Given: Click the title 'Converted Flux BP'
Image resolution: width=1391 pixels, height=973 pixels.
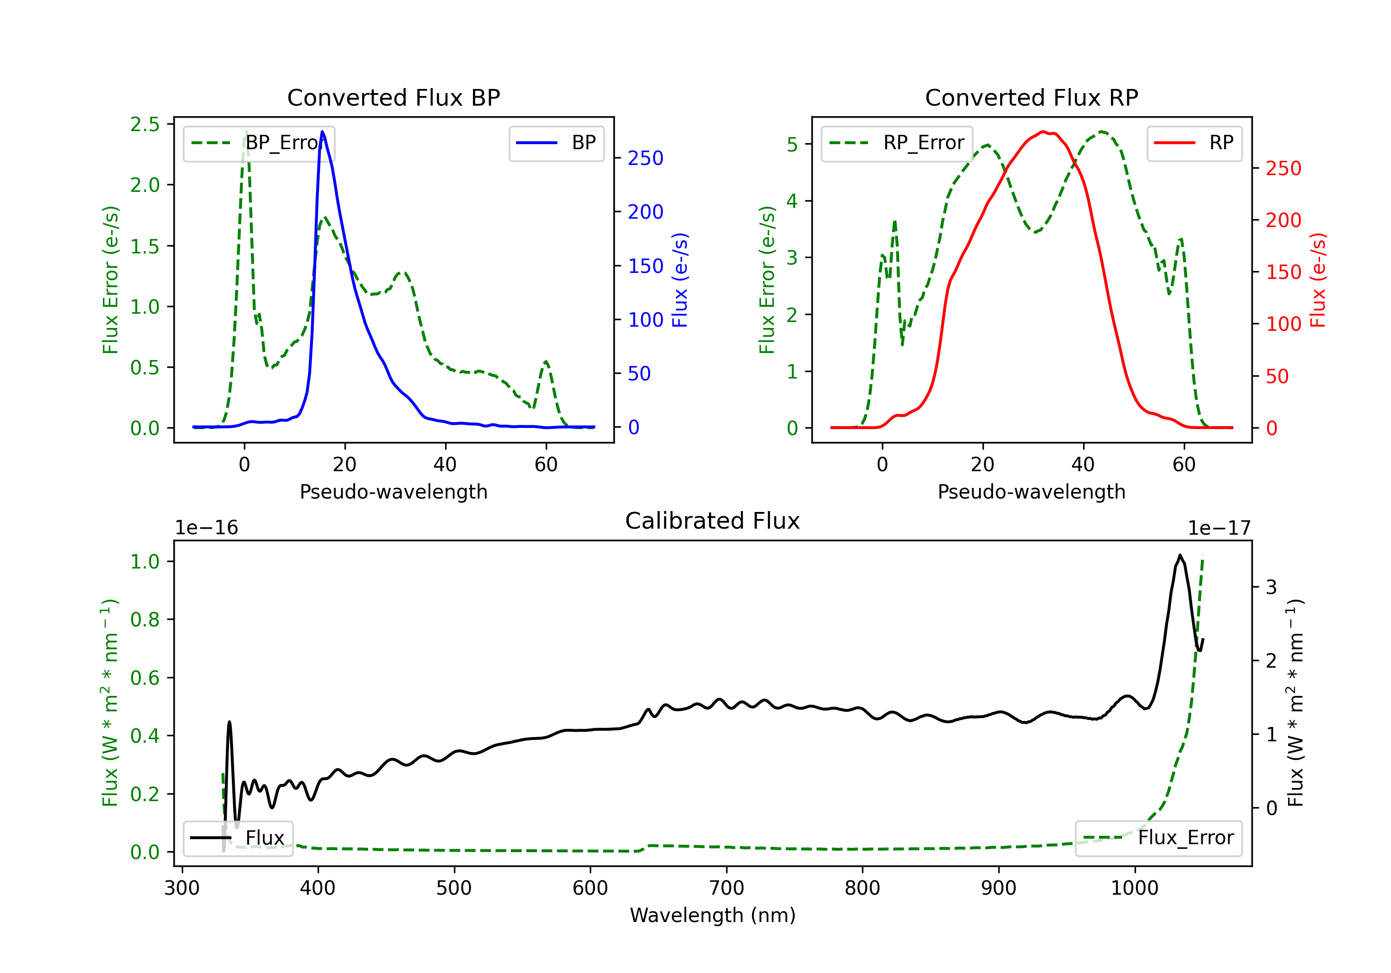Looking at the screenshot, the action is [393, 97].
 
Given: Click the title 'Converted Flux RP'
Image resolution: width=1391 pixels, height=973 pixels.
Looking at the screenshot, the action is [1031, 97].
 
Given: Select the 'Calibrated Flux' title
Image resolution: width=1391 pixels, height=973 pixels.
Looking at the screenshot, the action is [713, 521].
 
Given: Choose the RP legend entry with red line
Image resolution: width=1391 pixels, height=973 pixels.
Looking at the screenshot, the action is [1194, 143].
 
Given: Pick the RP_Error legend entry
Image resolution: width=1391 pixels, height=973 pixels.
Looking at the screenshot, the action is [897, 143].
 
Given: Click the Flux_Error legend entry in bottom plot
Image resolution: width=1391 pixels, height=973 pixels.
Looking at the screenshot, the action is [1158, 838].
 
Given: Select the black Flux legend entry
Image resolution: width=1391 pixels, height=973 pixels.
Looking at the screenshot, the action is [237, 838].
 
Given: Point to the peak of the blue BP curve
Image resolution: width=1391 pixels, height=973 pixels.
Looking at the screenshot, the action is [322, 132].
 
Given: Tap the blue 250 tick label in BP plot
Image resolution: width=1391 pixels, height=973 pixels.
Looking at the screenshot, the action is [645, 158].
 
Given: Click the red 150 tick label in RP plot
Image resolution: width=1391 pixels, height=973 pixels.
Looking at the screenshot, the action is [1283, 272].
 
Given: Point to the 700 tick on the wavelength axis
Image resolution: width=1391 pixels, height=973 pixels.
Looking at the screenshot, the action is [727, 888].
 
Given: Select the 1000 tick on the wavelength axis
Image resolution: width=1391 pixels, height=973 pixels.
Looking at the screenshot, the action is [1135, 888].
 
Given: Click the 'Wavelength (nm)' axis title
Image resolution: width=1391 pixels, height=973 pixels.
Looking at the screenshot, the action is [713, 916].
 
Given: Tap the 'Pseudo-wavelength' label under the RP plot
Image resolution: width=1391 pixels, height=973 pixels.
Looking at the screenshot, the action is [1031, 492].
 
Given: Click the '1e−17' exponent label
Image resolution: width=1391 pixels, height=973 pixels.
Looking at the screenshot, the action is [1219, 528].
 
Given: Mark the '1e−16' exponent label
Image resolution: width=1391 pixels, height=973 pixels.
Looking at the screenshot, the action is [207, 528].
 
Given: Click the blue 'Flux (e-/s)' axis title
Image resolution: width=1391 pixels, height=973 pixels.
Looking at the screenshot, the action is [680, 280].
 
